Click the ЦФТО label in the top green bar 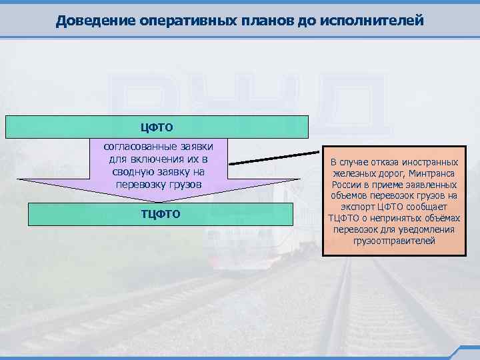click(x=157, y=127)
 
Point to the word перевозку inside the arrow click(x=140, y=184)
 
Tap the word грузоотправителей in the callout click(x=394, y=241)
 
